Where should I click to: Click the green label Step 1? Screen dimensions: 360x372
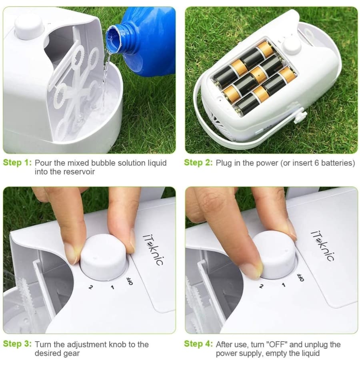coord(17,163)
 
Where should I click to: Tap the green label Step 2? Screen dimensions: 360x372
coord(198,163)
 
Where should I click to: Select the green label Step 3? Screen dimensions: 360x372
coord(17,344)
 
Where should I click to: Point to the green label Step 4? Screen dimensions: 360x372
coord(198,344)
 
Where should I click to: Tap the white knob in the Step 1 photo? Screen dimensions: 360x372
coord(29,26)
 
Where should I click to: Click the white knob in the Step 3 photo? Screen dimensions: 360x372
coord(104,256)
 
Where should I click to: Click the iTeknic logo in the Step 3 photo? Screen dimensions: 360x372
coord(153,249)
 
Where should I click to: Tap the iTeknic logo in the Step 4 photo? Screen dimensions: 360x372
coord(322,246)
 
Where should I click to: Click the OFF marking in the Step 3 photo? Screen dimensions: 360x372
coord(130,281)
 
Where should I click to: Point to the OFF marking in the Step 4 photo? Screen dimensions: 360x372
coord(301,277)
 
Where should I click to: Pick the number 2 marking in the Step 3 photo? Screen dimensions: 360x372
coord(91,287)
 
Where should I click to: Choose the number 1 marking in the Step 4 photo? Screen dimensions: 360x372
coord(284,284)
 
